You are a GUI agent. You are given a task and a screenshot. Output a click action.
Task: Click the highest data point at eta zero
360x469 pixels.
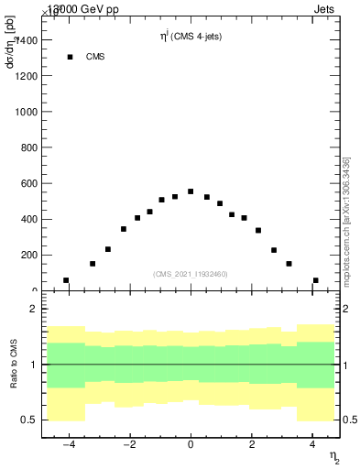pyautogui.click(x=191, y=191)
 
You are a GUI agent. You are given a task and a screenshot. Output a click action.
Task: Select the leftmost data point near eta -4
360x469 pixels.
pyautogui.click(x=66, y=280)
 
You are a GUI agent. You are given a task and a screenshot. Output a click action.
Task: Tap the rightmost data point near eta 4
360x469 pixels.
pyautogui.click(x=316, y=280)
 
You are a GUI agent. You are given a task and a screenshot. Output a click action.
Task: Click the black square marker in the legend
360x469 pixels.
pyautogui.click(x=70, y=57)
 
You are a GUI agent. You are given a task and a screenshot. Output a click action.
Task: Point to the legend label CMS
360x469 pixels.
pyautogui.click(x=95, y=57)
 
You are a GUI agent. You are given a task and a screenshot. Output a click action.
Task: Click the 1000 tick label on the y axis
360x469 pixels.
pyautogui.click(x=25, y=112)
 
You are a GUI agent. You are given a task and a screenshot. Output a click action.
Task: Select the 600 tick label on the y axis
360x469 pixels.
pyautogui.click(x=27, y=183)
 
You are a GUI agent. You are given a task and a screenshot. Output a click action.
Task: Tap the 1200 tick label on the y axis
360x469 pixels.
pyautogui.click(x=25, y=76)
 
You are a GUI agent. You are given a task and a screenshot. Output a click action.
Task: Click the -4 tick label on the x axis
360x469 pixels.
pyautogui.click(x=68, y=445)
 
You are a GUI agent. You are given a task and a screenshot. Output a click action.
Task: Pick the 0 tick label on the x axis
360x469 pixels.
pyautogui.click(x=191, y=445)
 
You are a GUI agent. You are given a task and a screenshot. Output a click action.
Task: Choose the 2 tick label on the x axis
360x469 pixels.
pyautogui.click(x=252, y=445)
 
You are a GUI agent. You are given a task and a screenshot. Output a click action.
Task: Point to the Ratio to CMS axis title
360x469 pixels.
pyautogui.click(x=14, y=365)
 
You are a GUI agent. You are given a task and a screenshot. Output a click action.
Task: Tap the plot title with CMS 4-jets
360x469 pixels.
pyautogui.click(x=190, y=37)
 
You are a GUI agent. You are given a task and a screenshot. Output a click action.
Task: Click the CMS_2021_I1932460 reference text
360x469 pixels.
pyautogui.click(x=191, y=273)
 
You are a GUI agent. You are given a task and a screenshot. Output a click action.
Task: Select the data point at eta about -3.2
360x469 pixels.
pyautogui.click(x=93, y=264)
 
